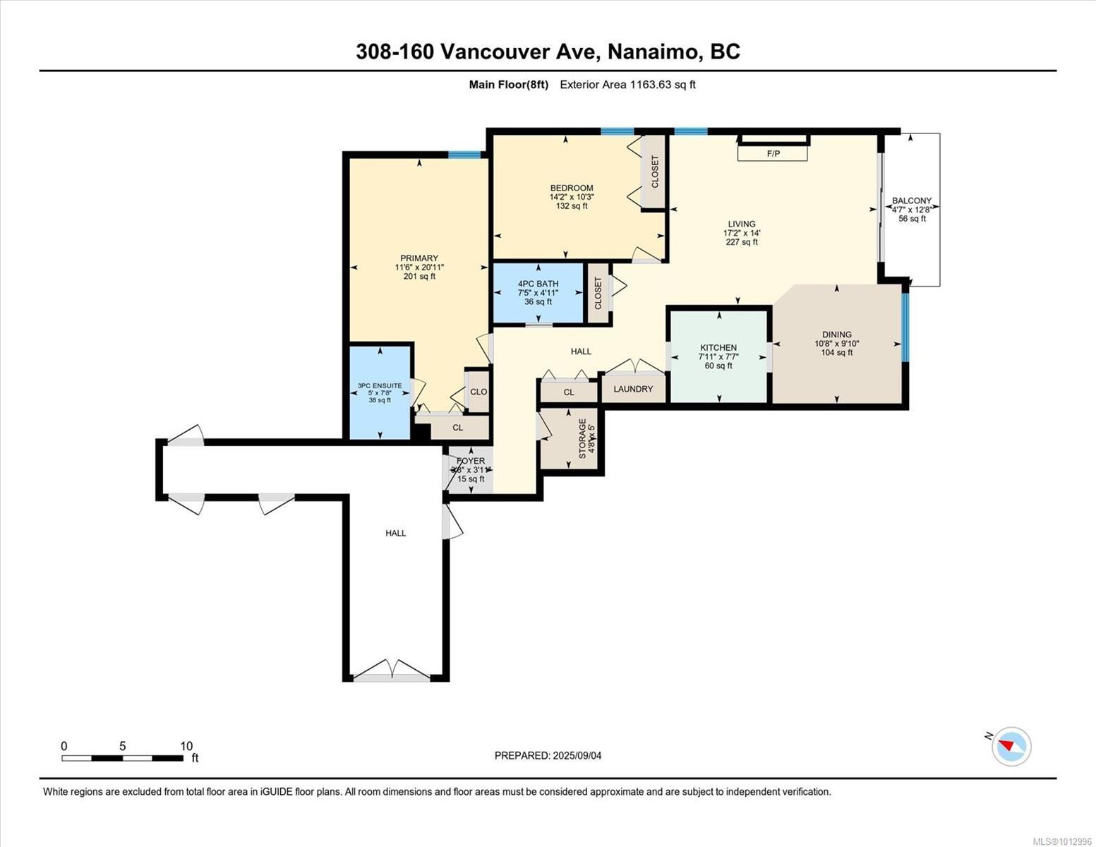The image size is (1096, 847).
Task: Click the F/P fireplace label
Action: coord(773,153)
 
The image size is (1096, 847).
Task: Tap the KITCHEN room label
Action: coord(718,347)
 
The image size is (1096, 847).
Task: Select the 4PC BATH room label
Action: coord(538,284)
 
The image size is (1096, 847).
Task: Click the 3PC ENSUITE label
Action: coord(380,385)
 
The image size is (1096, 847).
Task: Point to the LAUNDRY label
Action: coord(633,389)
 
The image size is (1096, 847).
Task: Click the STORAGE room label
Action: coord(582,438)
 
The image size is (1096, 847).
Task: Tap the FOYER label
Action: coord(471,461)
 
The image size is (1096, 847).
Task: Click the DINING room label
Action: coord(836,335)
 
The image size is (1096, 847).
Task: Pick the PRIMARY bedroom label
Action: coord(419,258)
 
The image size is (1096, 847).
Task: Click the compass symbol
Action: coord(1011,746)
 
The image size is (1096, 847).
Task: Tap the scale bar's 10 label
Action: coord(186,746)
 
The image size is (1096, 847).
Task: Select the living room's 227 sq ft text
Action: coord(742,242)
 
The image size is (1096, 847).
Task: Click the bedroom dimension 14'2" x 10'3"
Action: coord(572,197)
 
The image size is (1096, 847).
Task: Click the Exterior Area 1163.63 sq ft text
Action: coord(627,85)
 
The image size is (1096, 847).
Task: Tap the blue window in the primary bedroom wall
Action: coord(464,155)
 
